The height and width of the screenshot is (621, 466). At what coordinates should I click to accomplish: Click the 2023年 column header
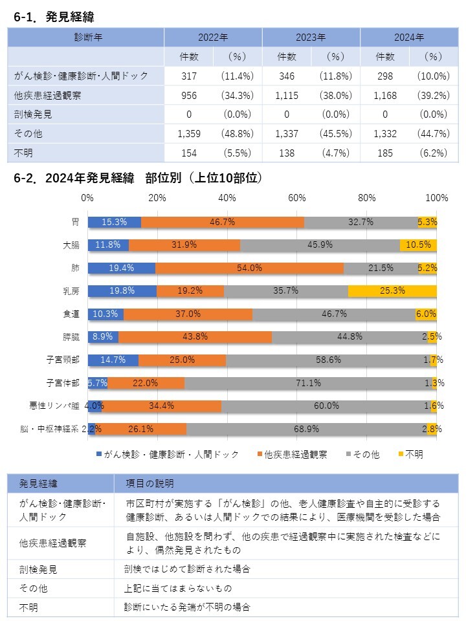click(x=311, y=37)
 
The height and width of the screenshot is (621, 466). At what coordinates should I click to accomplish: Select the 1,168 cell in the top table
click(x=385, y=95)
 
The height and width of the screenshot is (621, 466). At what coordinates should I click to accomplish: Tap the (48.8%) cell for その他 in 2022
click(x=238, y=134)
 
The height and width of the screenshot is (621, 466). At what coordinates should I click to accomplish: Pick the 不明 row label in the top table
click(x=25, y=153)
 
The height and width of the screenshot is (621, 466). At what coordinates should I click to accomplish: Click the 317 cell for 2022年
click(x=189, y=76)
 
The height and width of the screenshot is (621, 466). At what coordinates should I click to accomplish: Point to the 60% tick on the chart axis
click(x=297, y=197)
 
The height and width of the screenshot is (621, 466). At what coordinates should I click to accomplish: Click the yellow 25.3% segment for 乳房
click(x=392, y=291)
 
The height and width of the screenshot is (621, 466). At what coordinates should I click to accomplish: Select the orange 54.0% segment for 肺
click(x=249, y=268)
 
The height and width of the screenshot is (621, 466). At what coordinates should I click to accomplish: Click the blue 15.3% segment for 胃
click(x=114, y=222)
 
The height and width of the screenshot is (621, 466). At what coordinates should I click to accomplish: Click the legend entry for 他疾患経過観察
click(x=291, y=455)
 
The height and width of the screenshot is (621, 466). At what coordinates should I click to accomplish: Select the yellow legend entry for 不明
click(x=410, y=455)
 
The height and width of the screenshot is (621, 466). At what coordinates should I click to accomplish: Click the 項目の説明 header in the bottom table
click(x=150, y=483)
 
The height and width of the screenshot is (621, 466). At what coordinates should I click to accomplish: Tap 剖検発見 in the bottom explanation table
click(x=38, y=570)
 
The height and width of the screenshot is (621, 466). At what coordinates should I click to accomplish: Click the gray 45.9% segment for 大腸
click(x=320, y=245)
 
